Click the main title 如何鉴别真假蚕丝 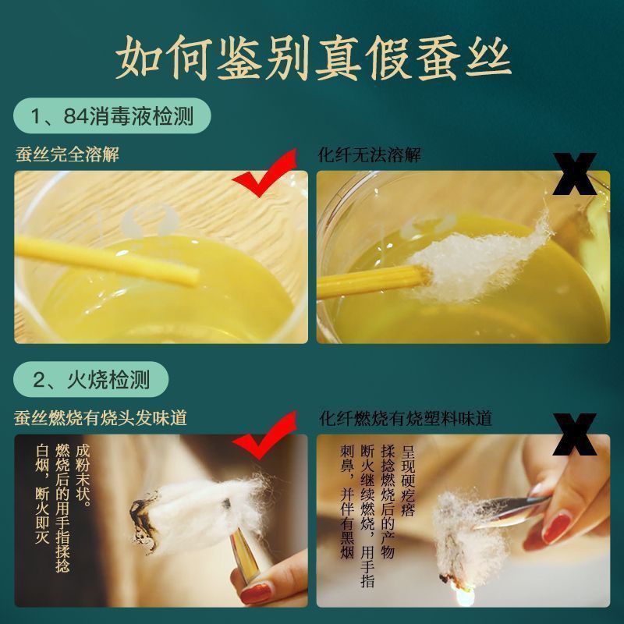[x=314, y=58]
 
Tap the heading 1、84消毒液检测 [x=112, y=116]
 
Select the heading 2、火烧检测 [x=91, y=379]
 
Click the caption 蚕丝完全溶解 [x=67, y=154]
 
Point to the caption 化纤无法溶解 [x=369, y=154]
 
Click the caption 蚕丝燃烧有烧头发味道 [x=101, y=418]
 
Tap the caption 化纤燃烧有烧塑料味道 [x=406, y=419]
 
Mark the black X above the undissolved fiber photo [x=574, y=174]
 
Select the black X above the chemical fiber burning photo [x=574, y=434]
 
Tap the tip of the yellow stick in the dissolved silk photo [x=196, y=277]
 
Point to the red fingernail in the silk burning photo [x=256, y=593]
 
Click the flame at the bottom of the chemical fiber [x=465, y=595]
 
